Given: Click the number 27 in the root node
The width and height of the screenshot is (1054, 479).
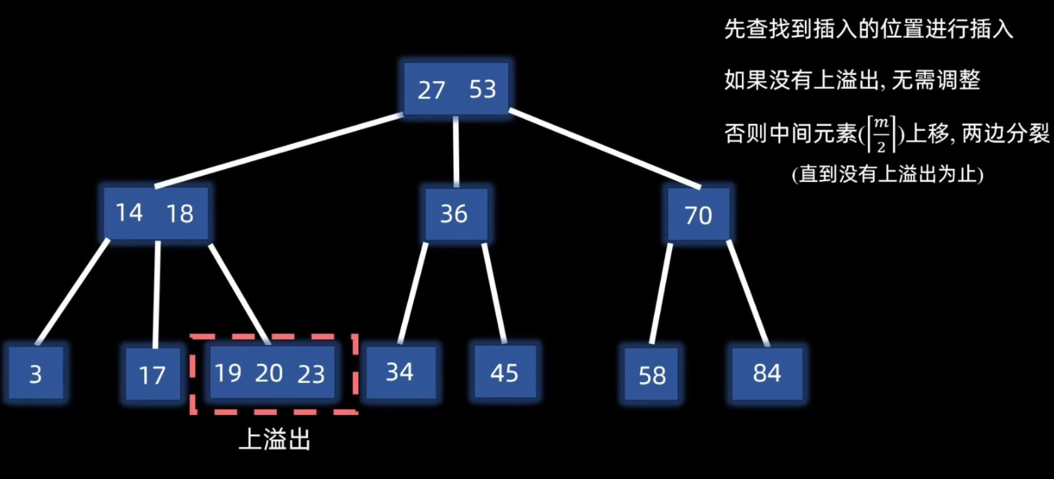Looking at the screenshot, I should [431, 90].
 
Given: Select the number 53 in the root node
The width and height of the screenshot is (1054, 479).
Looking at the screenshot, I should [482, 89].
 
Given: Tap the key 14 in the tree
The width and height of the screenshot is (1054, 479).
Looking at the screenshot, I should [129, 213].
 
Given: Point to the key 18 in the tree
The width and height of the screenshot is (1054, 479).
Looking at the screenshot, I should [180, 213].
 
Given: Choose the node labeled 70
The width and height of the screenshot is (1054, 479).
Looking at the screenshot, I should [698, 215].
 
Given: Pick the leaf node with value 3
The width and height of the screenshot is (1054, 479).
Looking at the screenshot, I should [36, 374].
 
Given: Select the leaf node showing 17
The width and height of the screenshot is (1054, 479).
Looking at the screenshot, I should [152, 375].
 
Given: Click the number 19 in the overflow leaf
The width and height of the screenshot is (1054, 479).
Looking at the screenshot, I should [228, 373].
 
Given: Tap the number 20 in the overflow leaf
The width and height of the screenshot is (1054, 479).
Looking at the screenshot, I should [269, 373].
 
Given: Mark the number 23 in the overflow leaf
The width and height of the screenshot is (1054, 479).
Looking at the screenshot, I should [311, 374].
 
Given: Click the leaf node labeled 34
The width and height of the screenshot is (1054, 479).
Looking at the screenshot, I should [400, 373].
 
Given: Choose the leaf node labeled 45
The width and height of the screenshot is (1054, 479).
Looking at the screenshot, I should [504, 373].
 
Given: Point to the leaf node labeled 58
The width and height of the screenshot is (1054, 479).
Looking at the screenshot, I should [652, 375].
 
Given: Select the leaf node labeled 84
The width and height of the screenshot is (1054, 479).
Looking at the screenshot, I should [767, 373].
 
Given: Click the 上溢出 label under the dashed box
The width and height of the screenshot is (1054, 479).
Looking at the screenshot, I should [275, 439].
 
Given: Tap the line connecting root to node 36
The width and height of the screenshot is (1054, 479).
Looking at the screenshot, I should [456, 151].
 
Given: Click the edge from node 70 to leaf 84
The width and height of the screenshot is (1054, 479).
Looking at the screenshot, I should [747, 292].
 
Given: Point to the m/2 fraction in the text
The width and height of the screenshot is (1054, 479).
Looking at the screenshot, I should [881, 134].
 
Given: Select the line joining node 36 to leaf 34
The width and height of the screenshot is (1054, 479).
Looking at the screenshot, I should [413, 293].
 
